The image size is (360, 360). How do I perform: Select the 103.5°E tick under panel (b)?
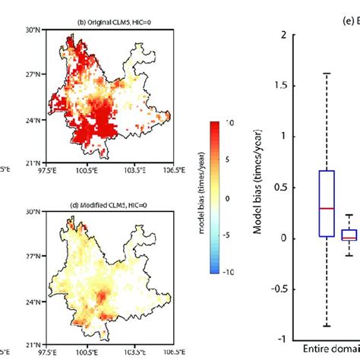135,175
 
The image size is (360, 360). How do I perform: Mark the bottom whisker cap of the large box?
327,326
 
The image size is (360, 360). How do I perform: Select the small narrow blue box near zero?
349,235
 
